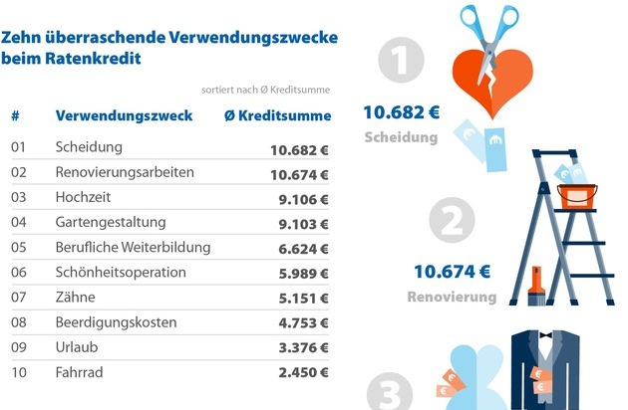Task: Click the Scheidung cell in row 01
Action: pos(89,147)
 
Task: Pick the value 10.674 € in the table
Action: pos(299,173)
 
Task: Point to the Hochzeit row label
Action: pos(85,197)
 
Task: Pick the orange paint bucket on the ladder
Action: pos(575,195)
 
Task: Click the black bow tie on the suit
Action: pos(544,337)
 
